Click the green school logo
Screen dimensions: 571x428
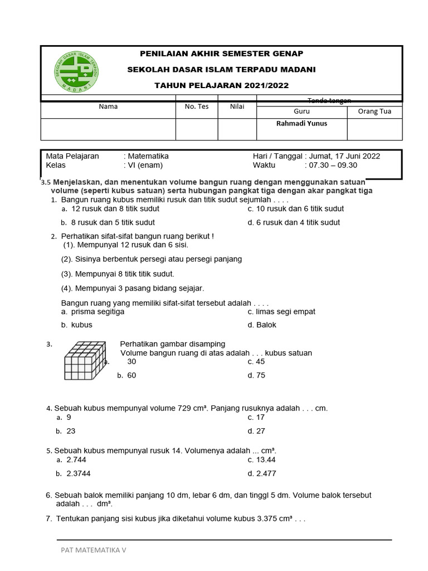click(77, 73)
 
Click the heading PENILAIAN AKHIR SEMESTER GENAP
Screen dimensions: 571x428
click(221, 54)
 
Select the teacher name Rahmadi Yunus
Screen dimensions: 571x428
click(301, 124)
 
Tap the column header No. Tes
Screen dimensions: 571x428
click(196, 107)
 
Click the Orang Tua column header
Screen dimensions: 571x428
click(374, 112)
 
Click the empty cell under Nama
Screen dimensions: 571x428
click(108, 129)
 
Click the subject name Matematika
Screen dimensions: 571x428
click(148, 156)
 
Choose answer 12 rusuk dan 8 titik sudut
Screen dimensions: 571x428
click(115, 209)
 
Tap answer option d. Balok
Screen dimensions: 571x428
click(262, 325)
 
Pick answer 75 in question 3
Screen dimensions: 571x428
click(260, 375)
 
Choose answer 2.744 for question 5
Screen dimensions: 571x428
click(76, 460)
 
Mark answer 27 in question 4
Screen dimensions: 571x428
click(260, 431)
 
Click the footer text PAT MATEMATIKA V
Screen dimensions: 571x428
click(94, 550)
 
